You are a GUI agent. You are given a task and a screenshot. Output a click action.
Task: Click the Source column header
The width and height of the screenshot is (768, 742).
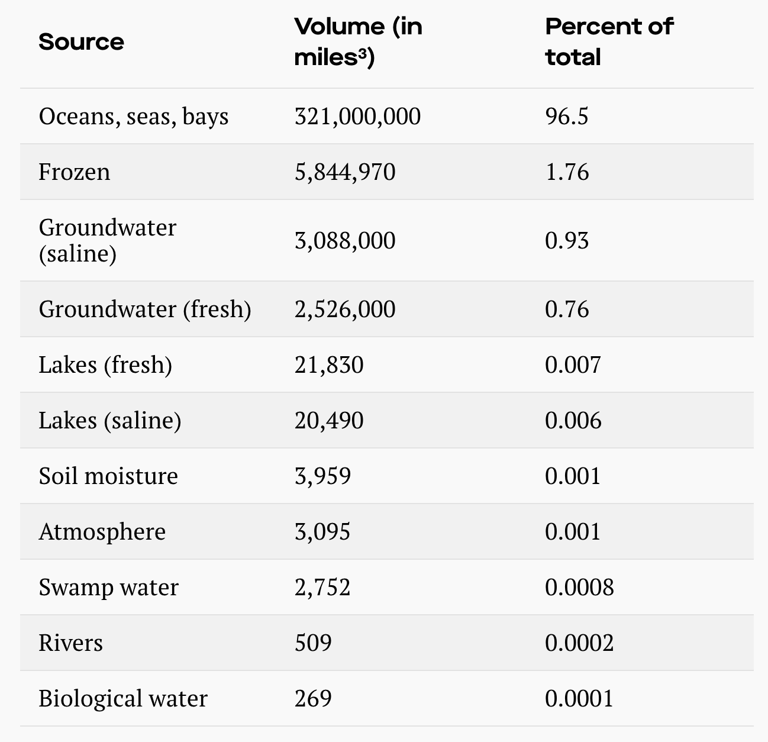[x=81, y=42]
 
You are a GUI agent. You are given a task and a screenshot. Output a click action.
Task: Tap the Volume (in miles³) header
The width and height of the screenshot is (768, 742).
[x=358, y=42]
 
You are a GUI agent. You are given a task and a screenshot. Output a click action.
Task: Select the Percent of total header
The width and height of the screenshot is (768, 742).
[x=609, y=42]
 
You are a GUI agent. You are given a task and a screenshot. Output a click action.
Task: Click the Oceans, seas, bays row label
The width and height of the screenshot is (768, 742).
[x=134, y=117]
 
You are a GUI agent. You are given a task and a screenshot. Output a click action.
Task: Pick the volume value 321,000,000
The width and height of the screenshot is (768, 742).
[x=357, y=117]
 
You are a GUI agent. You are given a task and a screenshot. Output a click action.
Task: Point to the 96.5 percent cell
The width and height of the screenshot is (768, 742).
[x=567, y=117]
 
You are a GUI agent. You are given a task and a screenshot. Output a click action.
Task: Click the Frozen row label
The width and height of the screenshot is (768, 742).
[x=75, y=172]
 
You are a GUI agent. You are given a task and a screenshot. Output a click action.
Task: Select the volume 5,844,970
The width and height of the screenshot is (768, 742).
[x=345, y=172]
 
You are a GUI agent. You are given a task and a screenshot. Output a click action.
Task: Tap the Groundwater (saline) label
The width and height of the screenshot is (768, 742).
[x=107, y=240]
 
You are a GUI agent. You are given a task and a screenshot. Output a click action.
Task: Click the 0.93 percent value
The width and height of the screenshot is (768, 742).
[x=567, y=240]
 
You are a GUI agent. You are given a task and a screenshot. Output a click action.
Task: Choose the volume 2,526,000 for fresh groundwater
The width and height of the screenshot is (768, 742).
[x=345, y=309]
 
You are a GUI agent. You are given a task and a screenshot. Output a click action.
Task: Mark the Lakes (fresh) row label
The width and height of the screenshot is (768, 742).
[x=105, y=365]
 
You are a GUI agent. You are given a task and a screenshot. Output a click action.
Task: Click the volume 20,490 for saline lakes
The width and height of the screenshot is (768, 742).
[x=329, y=421]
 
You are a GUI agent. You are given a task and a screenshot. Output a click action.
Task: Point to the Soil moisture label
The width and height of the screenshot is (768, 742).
[x=108, y=476]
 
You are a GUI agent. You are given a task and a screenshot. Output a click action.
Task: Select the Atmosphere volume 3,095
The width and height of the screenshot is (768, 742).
[x=322, y=532]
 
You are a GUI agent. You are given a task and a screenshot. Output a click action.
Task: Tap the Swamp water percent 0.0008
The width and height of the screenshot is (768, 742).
[x=579, y=588]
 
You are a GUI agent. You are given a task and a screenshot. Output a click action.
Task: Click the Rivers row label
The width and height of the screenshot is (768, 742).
[x=71, y=643]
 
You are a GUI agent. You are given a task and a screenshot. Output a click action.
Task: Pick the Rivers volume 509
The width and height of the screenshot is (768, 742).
[x=313, y=643]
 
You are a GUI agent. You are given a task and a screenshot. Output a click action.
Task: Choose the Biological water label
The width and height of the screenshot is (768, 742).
[x=123, y=699]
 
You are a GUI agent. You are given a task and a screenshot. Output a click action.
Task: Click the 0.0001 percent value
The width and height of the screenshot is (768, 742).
[x=579, y=699]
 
